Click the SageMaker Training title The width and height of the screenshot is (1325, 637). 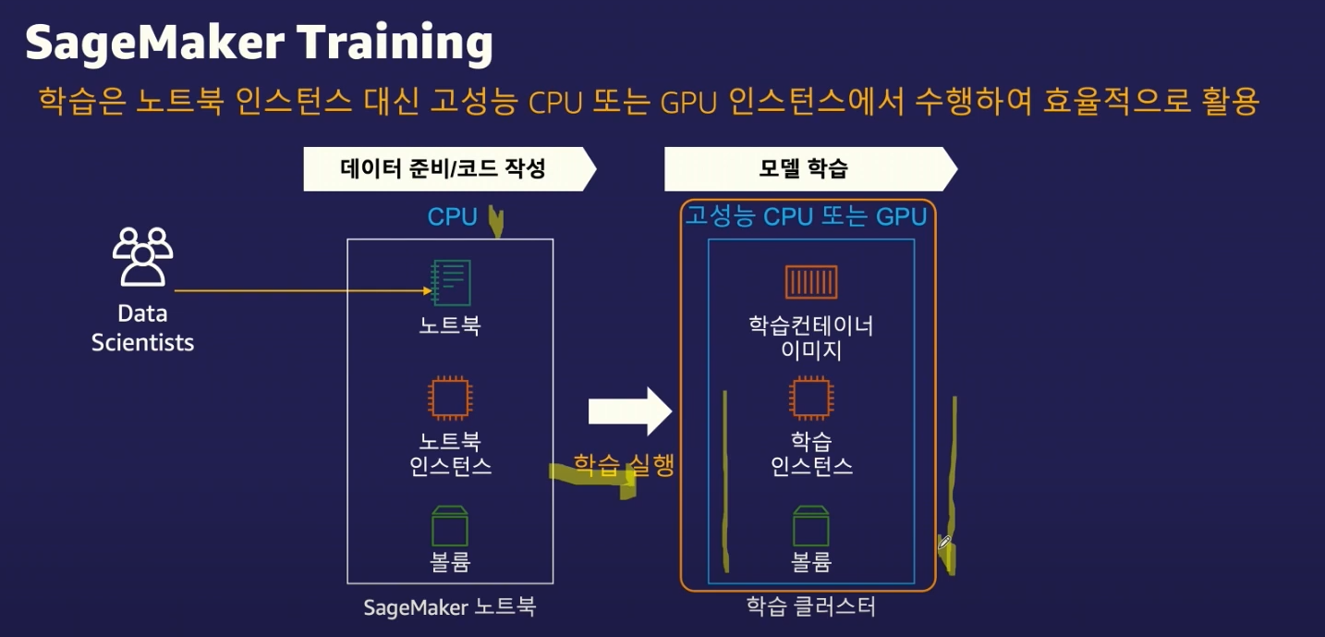259,43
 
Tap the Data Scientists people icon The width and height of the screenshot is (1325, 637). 142,256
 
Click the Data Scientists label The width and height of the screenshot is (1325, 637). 142,328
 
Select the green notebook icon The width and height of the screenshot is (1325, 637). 451,283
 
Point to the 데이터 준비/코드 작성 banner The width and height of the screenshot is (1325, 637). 444,169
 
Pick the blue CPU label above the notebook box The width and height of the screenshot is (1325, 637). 452,217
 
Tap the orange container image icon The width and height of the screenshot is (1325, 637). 811,282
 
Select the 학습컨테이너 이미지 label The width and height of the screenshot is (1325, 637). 811,338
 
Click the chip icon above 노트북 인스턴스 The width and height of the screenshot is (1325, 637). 450,398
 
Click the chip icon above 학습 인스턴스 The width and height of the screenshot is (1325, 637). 811,398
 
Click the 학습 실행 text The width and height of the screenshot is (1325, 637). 624,464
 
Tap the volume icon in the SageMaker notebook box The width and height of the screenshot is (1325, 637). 450,524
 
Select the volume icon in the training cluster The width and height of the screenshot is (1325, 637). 811,524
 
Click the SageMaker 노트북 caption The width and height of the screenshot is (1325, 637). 449,607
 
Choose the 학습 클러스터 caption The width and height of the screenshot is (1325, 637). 810,607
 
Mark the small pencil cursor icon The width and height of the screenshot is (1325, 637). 944,543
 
